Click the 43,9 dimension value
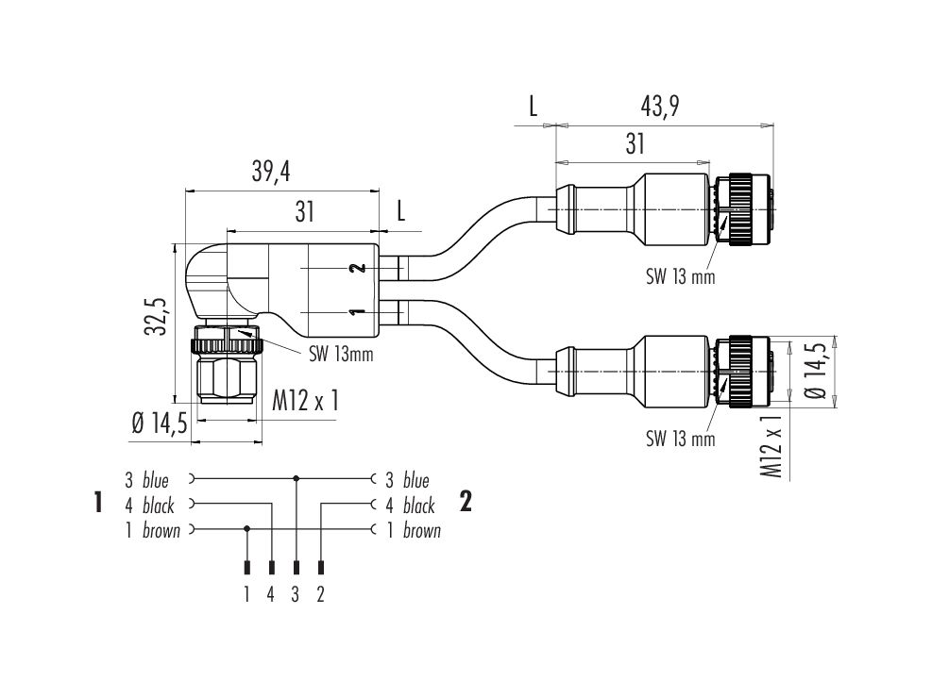(660, 108)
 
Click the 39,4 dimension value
(270, 172)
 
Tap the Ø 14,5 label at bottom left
(159, 425)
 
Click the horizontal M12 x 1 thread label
(305, 402)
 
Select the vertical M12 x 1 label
(774, 444)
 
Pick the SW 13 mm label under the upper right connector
(680, 277)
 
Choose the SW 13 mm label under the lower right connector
(680, 439)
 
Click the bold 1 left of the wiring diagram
(97, 503)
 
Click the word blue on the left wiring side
(156, 480)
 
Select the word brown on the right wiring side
(422, 531)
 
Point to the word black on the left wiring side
(159, 506)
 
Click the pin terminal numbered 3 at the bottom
(297, 568)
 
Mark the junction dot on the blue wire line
(297, 478)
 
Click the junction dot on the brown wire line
(247, 528)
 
